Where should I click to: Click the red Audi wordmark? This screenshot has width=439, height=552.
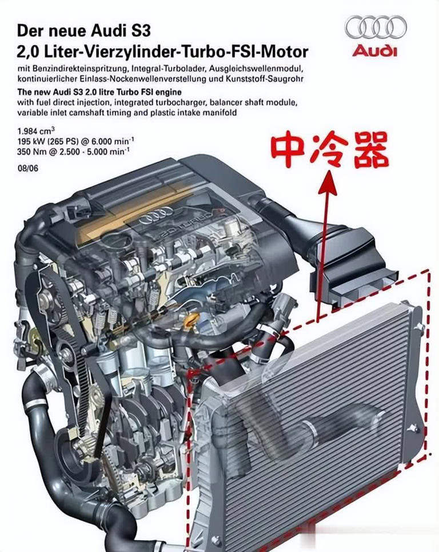pyautogui.click(x=374, y=51)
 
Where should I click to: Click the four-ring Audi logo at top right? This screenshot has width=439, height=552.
pyautogui.click(x=376, y=27)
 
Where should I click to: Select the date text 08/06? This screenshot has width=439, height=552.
pyautogui.click(x=28, y=168)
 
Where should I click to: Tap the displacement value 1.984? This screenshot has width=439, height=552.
pyautogui.click(x=27, y=132)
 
